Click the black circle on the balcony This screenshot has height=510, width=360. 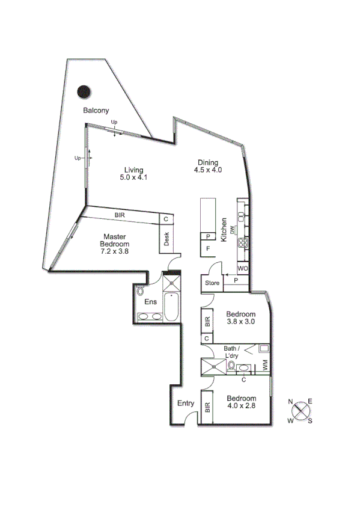click(84, 92)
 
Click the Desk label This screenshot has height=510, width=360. click(166, 240)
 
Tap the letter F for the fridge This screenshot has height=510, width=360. click(208, 248)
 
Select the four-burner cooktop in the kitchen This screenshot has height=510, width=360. click(243, 243)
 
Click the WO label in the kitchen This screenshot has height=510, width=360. click(243, 268)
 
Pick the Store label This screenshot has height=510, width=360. click(212, 283)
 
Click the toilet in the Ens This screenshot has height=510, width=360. click(141, 291)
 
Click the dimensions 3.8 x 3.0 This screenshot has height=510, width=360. click(241, 322)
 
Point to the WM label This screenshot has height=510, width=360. click(264, 364)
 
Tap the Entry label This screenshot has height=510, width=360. click(185, 404)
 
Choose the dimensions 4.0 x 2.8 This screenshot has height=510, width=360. click(241, 406)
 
